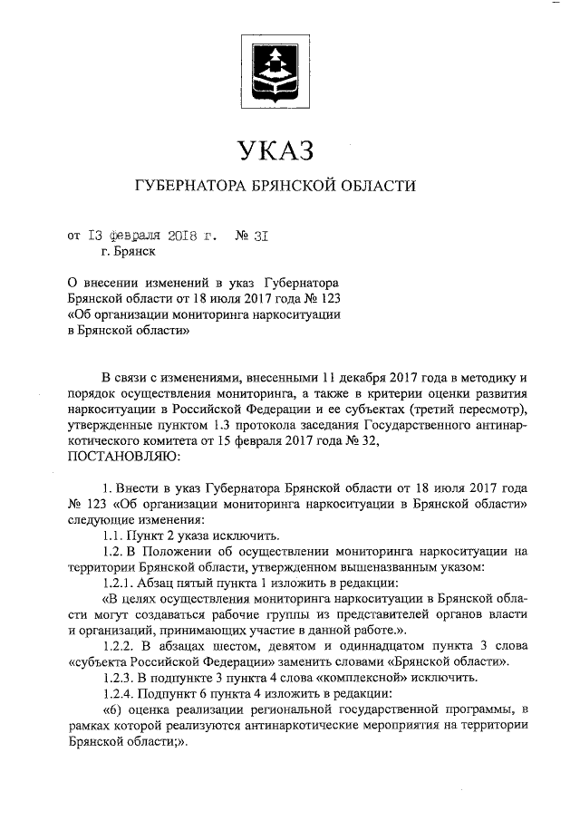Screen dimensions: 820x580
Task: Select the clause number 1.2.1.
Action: click(x=119, y=582)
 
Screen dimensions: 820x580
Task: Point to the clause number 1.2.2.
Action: click(x=119, y=645)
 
